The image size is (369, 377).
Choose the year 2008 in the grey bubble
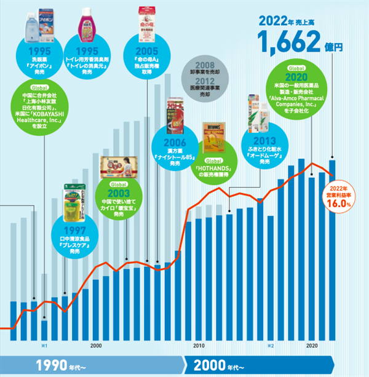tap(205, 64)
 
